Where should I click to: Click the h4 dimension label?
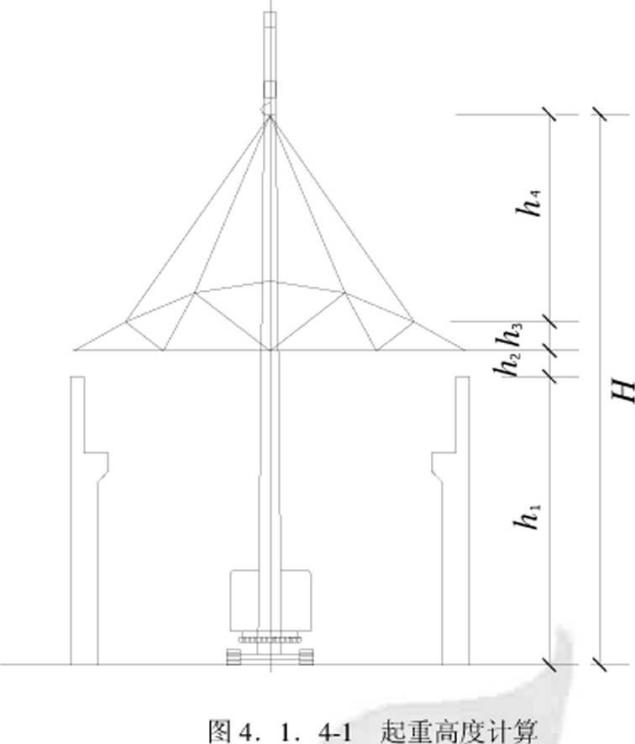coord(528,203)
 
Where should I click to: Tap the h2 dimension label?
coord(506,364)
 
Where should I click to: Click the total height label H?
coord(622,391)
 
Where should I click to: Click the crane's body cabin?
coord(270,600)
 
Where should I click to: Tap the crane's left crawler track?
coord(234,657)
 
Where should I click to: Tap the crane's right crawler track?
coord(306,657)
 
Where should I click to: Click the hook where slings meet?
coord(267,110)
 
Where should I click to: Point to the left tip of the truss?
coord(75,351)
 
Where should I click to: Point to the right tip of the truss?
coord(464,351)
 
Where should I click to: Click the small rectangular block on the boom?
coord(270,89)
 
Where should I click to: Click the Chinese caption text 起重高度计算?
coord(459,731)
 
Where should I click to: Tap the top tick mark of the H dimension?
coord(600,114)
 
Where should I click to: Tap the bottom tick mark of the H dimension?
coord(600,664)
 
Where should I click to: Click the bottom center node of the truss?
coord(270,351)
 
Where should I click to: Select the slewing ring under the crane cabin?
coord(270,636)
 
